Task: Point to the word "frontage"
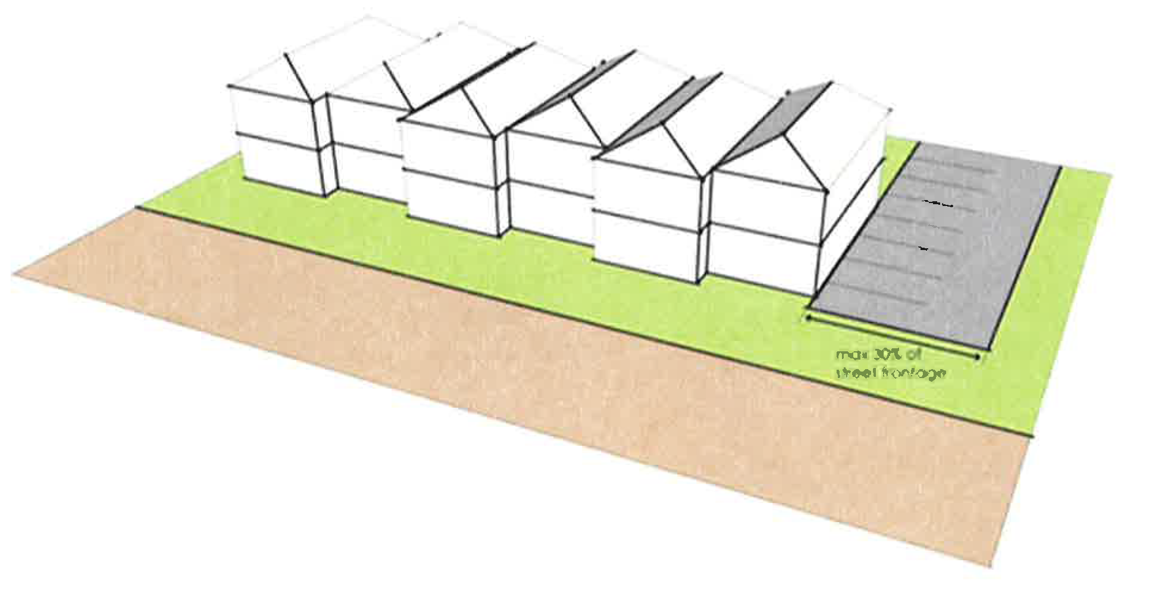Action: click(x=913, y=374)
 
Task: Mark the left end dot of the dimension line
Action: click(x=809, y=318)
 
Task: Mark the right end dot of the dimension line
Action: click(x=979, y=357)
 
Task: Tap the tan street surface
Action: click(x=476, y=387)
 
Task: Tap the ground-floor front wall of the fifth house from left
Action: click(x=646, y=244)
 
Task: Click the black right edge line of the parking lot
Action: click(x=1023, y=256)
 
